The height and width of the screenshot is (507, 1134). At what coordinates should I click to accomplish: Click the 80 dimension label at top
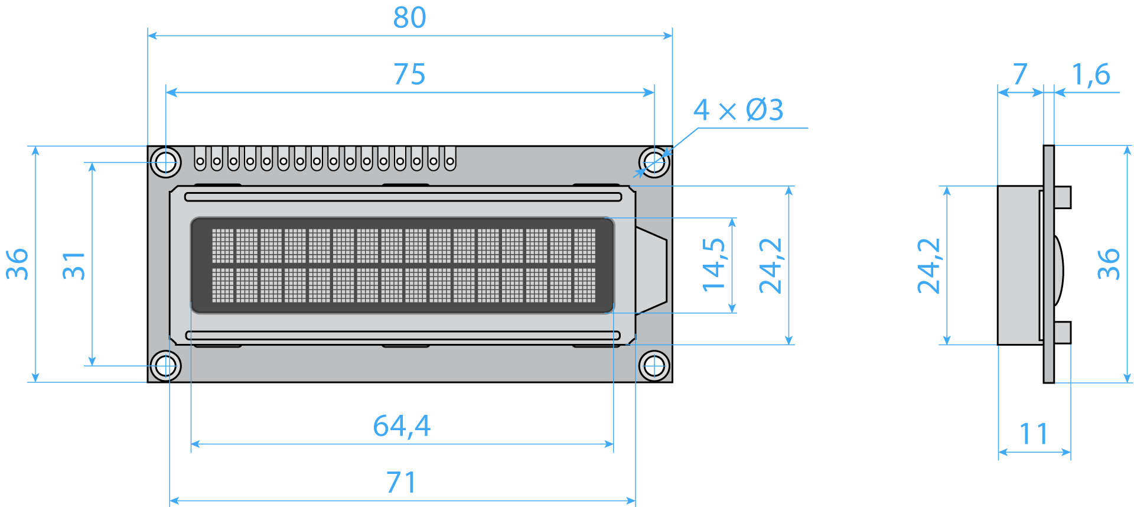pos(409,18)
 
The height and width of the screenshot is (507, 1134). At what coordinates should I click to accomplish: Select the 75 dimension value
pos(409,74)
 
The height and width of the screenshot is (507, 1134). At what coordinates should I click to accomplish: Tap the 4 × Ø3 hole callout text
pos(738,110)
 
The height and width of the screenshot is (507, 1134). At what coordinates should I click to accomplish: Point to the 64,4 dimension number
pos(402,425)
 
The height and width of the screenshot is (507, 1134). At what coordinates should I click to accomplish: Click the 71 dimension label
pos(402,482)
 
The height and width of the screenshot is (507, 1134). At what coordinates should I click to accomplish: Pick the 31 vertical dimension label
pos(74,265)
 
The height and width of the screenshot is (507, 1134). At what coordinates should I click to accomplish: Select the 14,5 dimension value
pos(713,265)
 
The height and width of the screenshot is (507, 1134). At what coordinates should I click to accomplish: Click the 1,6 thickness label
pos(1091,74)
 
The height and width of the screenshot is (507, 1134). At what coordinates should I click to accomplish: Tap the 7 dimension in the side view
pos(1020,74)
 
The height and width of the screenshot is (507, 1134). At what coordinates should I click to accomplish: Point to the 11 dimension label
pos(1034,434)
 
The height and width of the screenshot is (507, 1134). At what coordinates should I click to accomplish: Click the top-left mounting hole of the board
pos(166,162)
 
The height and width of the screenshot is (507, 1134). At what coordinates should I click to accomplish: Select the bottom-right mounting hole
pos(654,366)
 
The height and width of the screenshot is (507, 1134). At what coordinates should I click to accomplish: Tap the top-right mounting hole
pos(654,162)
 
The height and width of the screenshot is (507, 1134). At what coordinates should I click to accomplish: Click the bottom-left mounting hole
pos(166,366)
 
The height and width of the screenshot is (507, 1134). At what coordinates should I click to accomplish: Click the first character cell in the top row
pos(223,246)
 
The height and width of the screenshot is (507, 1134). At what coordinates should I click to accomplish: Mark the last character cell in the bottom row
pos(585,285)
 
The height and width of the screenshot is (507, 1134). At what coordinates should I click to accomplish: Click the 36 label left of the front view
pos(18,264)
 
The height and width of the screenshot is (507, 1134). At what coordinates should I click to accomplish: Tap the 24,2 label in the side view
pos(928,266)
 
